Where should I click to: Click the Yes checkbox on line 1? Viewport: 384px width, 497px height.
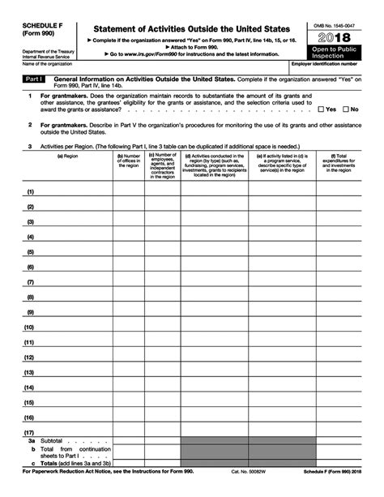322,109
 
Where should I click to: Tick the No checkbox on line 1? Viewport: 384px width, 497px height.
346,109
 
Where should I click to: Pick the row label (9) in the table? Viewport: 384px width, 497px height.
30,312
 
